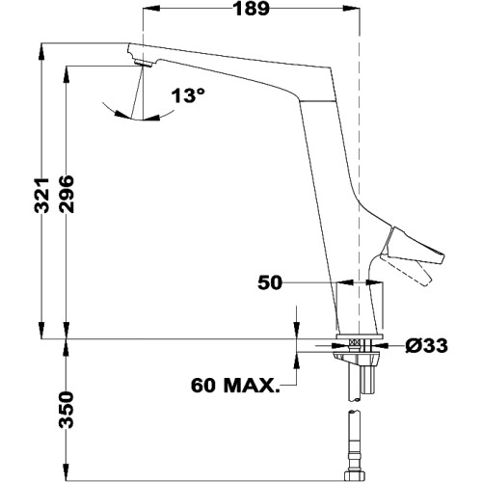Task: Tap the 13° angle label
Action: [189, 96]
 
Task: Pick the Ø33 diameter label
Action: [425, 343]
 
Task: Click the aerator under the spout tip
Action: [144, 64]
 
